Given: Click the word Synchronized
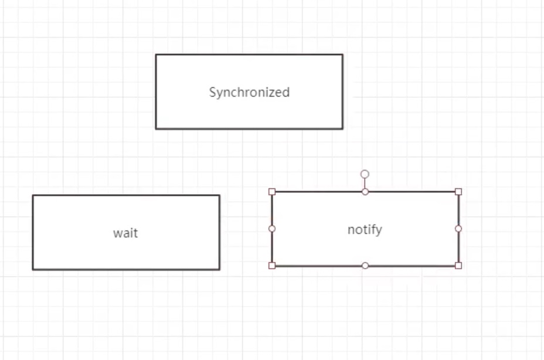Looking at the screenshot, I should coord(249,92).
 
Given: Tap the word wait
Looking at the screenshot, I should coord(125,233).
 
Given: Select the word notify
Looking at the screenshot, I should coord(365,229).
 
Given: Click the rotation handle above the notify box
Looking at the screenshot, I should coord(365,174).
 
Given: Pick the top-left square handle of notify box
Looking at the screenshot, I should coord(272,192).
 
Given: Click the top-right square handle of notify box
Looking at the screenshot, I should coord(458,192).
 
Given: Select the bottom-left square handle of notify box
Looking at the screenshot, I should coord(272,266).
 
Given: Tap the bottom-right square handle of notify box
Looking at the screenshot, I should coord(458,266).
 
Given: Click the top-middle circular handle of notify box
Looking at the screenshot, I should coord(365,192).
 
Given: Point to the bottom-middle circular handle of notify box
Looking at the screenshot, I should coord(365,266).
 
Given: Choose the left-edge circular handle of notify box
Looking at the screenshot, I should coord(272,229).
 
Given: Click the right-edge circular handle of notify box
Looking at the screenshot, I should coord(458,229).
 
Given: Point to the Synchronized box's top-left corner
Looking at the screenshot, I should coord(156,55).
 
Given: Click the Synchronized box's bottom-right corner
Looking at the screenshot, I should coord(342,128).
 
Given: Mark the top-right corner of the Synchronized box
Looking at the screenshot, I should coord(342,55).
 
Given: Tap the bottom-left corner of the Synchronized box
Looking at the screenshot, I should coord(156,128).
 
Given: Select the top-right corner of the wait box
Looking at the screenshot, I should coord(219,195).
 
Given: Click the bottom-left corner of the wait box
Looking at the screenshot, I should coord(33,269).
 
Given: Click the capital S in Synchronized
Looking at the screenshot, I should coord(213,92).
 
